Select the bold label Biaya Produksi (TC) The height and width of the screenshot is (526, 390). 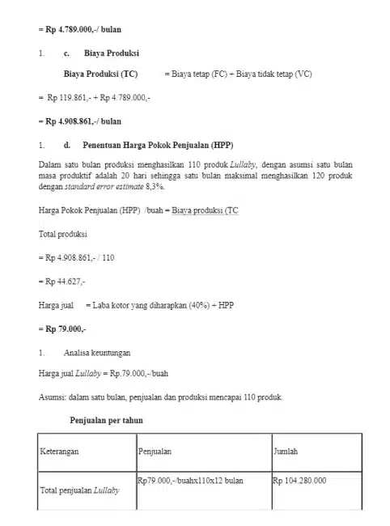(100, 74)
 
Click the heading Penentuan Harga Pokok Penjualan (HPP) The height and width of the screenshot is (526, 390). (157, 145)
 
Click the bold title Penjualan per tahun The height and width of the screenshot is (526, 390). (108, 421)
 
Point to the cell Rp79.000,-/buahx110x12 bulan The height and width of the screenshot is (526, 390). (191, 481)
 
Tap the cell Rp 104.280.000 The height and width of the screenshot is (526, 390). (299, 481)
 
